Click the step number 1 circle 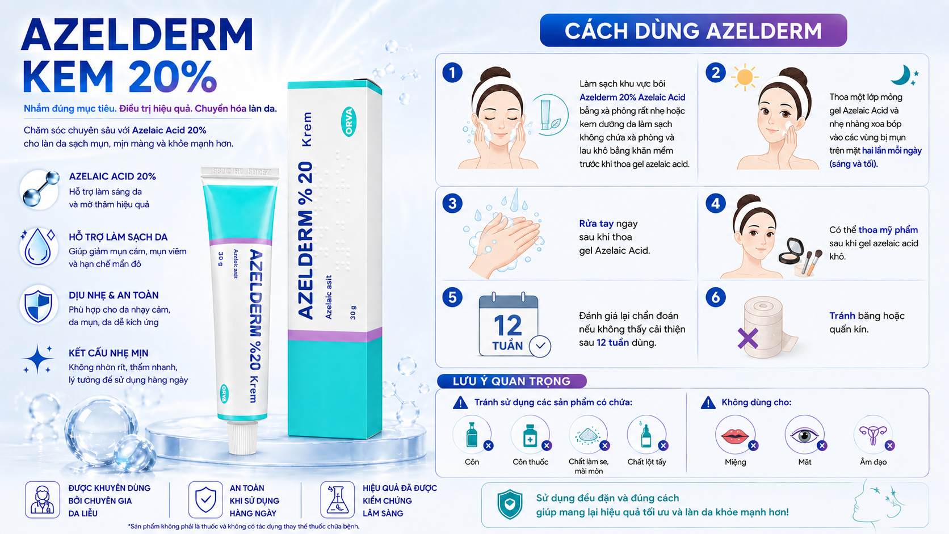click(x=452, y=73)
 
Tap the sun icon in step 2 click(x=744, y=78)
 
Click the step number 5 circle click(x=452, y=297)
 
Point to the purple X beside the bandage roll click(x=748, y=338)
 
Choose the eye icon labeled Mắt click(x=804, y=435)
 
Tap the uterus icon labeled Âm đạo click(x=873, y=435)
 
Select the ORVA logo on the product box click(x=348, y=122)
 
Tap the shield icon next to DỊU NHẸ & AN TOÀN click(x=38, y=305)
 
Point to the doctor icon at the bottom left click(x=43, y=500)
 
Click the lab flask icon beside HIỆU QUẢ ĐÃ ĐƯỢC click(x=337, y=500)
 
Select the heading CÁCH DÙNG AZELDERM click(x=693, y=31)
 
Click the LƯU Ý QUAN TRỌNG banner click(x=512, y=381)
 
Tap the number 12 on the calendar click(x=507, y=326)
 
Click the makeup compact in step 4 click(x=791, y=251)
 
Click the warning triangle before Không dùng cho click(x=708, y=403)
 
